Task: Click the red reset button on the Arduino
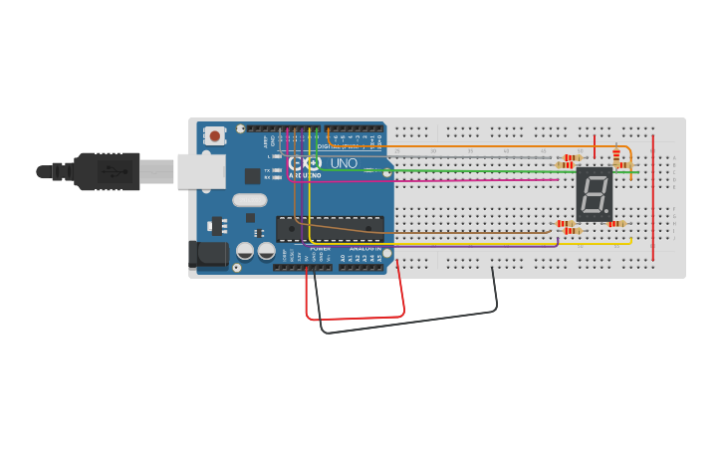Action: [x=214, y=135]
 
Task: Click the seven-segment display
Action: [x=594, y=194]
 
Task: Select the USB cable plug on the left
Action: [x=106, y=171]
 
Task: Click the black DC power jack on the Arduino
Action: [x=209, y=253]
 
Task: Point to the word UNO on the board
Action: [x=344, y=163]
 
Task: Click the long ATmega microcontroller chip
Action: [x=330, y=229]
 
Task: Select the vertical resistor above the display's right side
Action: [x=615, y=154]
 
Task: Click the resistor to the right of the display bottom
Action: [x=616, y=224]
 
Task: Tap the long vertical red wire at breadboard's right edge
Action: [x=653, y=199]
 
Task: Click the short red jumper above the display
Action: [x=595, y=146]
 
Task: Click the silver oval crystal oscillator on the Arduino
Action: [x=250, y=199]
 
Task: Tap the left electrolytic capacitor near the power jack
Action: [x=245, y=251]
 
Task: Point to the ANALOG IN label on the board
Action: [x=361, y=248]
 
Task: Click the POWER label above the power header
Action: [x=320, y=248]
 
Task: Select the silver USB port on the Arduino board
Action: [x=197, y=171]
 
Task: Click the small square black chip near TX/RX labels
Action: [x=253, y=176]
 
